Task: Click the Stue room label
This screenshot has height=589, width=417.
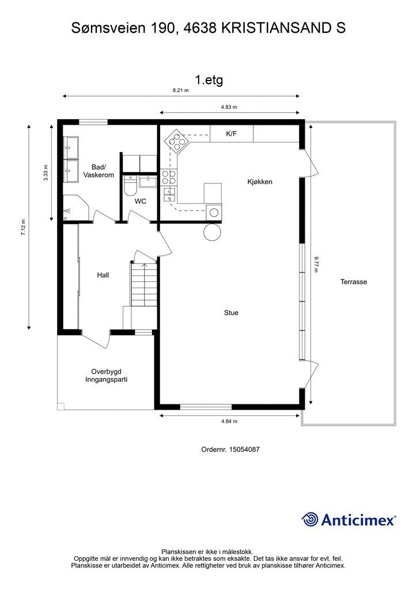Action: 231,312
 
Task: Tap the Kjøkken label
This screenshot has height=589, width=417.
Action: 260,182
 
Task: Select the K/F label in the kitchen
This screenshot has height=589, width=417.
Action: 231,133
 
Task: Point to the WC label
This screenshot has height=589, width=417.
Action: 141,201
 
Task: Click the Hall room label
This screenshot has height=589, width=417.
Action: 103,275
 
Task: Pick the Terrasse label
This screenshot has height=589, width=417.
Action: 354,282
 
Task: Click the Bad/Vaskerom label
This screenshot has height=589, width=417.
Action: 98,171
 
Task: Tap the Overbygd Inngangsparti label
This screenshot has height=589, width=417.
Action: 107,375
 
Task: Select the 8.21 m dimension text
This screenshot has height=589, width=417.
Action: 180,90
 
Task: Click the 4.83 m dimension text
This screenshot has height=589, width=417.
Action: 229,107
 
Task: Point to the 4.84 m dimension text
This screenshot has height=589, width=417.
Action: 229,421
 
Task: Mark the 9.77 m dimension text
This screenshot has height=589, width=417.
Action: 316,263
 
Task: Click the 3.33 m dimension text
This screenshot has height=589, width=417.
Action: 46,173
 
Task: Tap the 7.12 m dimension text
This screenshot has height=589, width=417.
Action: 23,227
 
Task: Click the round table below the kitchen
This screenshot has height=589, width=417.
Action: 212,232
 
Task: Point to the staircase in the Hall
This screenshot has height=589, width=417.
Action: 143,284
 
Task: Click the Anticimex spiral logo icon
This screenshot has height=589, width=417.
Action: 309,519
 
